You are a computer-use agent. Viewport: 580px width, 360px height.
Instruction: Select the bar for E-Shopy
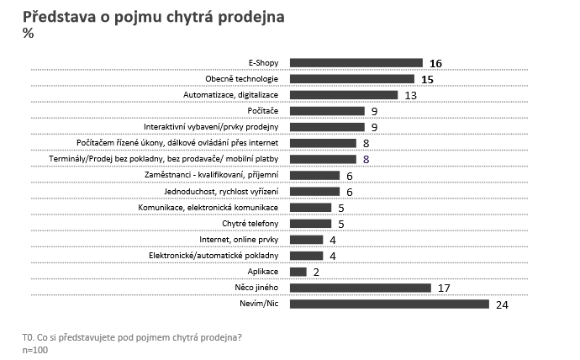[x=356, y=62]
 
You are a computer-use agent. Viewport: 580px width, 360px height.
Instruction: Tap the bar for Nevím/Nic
[x=389, y=304]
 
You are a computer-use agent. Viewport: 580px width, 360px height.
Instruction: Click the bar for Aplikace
[x=298, y=272]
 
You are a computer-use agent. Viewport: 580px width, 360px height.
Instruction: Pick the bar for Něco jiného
[x=360, y=288]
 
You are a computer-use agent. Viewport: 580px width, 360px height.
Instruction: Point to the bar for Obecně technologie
[x=351, y=78]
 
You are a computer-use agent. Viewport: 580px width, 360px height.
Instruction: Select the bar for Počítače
[x=327, y=111]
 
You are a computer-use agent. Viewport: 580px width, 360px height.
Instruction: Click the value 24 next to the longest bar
[x=503, y=304]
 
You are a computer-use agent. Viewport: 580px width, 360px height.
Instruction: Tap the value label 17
[x=446, y=289]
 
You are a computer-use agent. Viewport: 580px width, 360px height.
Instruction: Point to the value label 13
[x=412, y=95]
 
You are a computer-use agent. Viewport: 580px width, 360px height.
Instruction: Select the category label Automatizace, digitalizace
[x=231, y=95]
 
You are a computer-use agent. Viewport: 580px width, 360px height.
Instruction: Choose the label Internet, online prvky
[x=243, y=240]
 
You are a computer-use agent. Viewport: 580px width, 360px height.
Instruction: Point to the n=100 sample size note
[x=35, y=349]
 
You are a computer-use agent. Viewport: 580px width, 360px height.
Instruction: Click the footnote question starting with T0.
[x=133, y=337]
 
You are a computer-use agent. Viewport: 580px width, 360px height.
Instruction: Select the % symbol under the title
[x=28, y=34]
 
